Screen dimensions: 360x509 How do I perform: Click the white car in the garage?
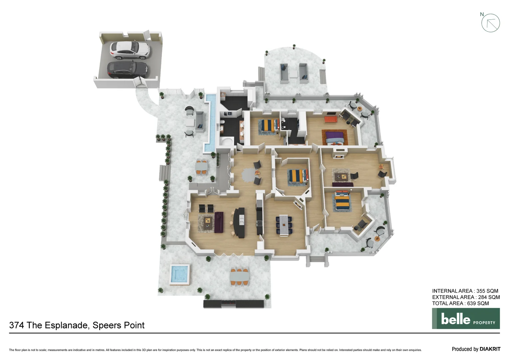point(130,50)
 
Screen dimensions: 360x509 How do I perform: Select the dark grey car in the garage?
point(127,70)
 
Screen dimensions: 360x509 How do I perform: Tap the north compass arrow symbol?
point(490,23)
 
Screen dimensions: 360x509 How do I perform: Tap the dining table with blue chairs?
point(284,225)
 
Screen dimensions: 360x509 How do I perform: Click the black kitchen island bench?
point(240,222)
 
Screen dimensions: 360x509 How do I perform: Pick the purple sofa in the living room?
point(219,222)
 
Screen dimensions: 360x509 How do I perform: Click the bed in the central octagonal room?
point(297,176)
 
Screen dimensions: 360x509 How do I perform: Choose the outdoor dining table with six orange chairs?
point(239,276)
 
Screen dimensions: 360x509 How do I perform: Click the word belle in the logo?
point(455,319)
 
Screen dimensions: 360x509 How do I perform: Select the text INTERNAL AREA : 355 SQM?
point(465,291)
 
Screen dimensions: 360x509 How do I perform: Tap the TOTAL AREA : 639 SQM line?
point(460,303)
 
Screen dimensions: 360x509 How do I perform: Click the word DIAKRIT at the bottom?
point(490,349)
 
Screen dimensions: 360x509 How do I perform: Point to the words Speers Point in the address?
point(119,325)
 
